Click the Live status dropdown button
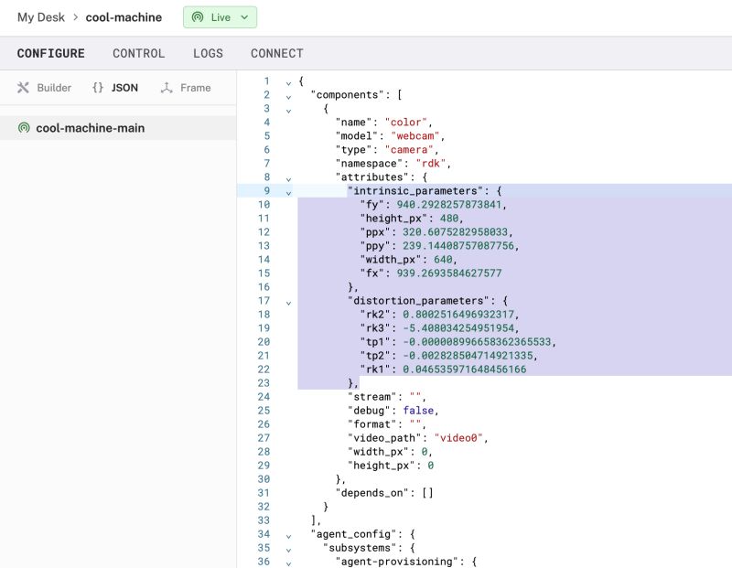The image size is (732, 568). coord(220,17)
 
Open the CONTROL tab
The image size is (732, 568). coord(138,54)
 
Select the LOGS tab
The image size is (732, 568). coord(208,54)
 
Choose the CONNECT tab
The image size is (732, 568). coord(276,54)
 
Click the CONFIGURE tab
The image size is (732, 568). coord(50,54)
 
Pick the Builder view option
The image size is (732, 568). coord(45,88)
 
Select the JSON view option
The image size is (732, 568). coord(115,88)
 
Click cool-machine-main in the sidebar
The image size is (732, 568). coord(90,128)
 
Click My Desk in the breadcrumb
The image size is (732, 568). coord(40,17)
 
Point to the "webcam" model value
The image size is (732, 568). coord(412,135)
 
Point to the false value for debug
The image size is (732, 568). coord(419,411)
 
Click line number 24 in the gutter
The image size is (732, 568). coord(264,397)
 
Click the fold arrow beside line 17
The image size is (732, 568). coord(288,302)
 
